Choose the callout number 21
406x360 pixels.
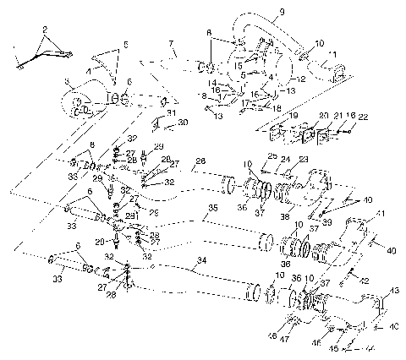click(337, 115)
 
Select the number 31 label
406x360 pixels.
click(171, 112)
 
